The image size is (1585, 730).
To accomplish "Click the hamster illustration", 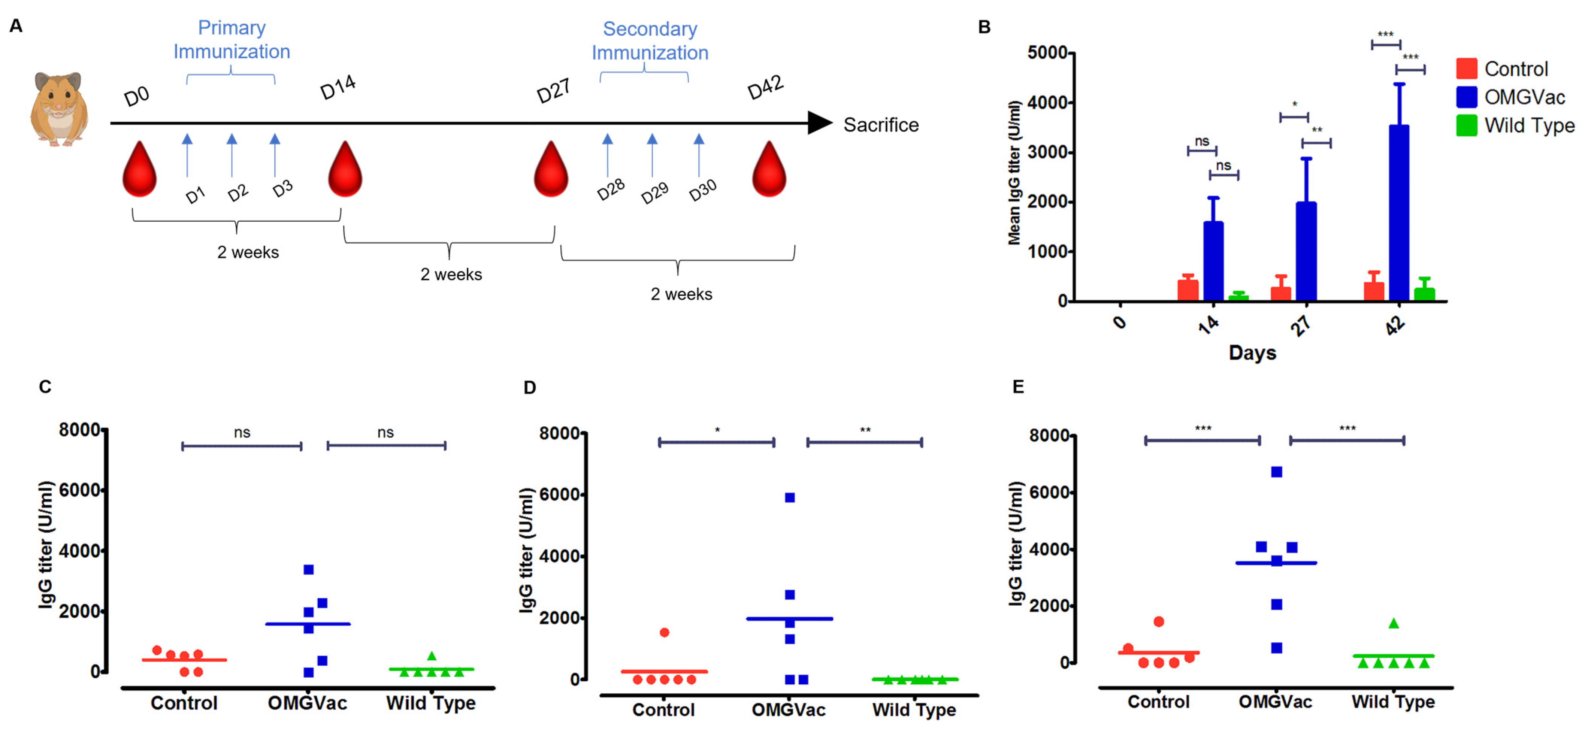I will [59, 109].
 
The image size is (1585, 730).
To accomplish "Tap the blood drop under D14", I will [345, 170].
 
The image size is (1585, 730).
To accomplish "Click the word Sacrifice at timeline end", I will [880, 125].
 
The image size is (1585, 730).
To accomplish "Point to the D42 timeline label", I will [765, 88].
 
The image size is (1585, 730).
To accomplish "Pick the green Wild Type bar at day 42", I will [1424, 294].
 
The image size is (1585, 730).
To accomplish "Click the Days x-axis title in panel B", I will [1252, 352].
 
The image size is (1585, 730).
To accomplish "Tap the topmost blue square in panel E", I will [1277, 472].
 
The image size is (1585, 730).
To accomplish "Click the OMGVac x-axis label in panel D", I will [788, 710].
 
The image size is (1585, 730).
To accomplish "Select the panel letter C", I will [45, 387].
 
